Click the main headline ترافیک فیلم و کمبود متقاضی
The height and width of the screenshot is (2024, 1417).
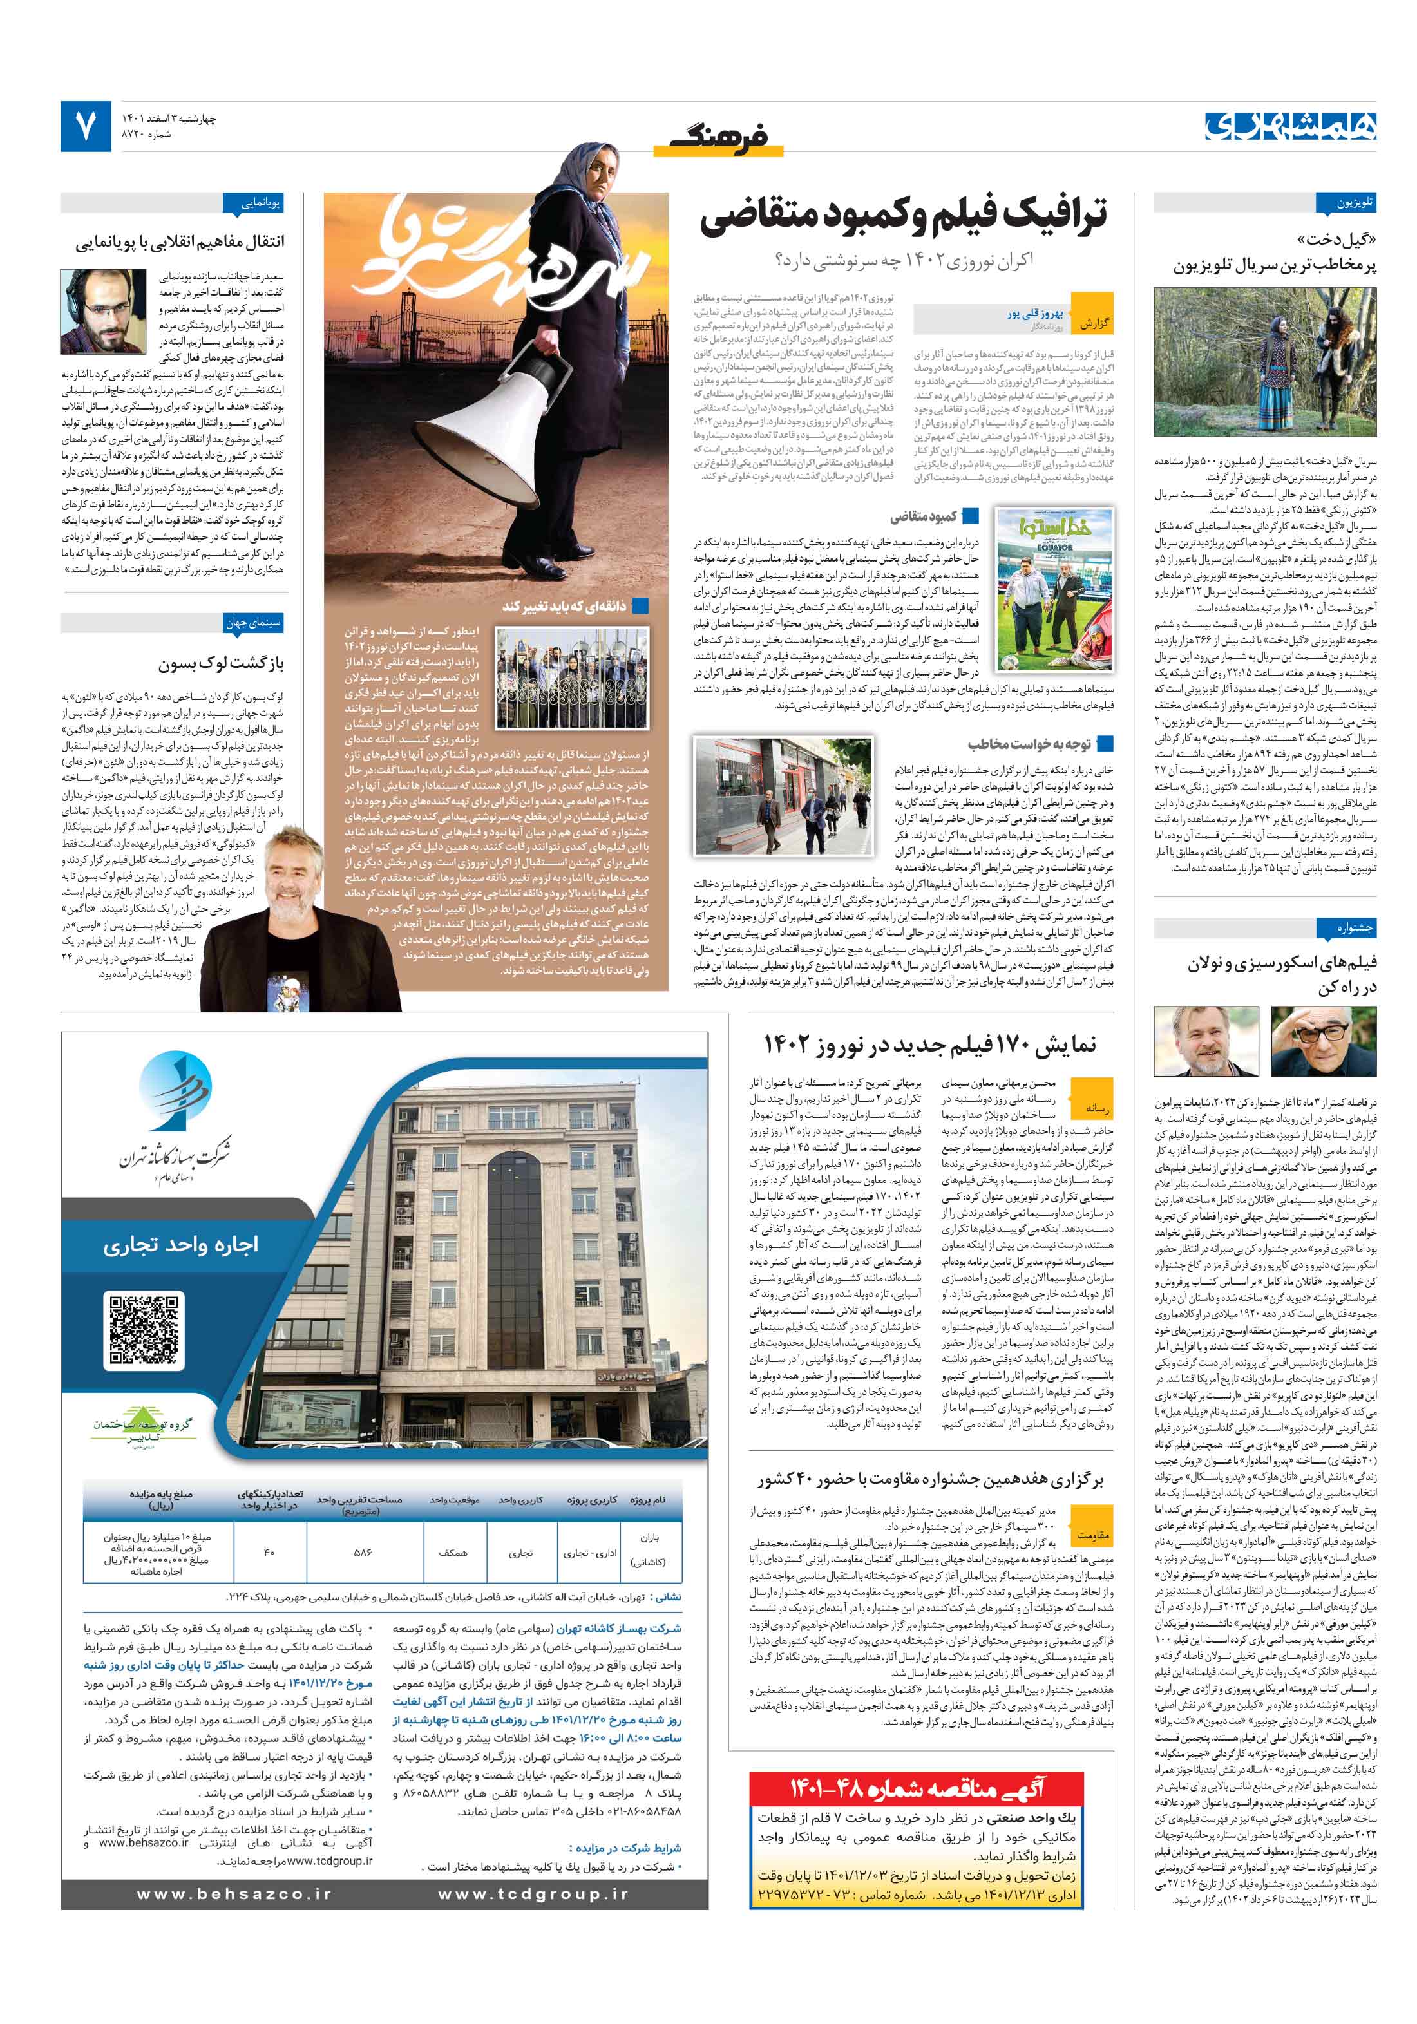(903, 216)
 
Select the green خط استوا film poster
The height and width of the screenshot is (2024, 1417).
(1054, 588)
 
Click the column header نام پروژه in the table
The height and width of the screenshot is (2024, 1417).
(647, 1500)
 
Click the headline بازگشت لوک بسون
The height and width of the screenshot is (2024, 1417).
(222, 663)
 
